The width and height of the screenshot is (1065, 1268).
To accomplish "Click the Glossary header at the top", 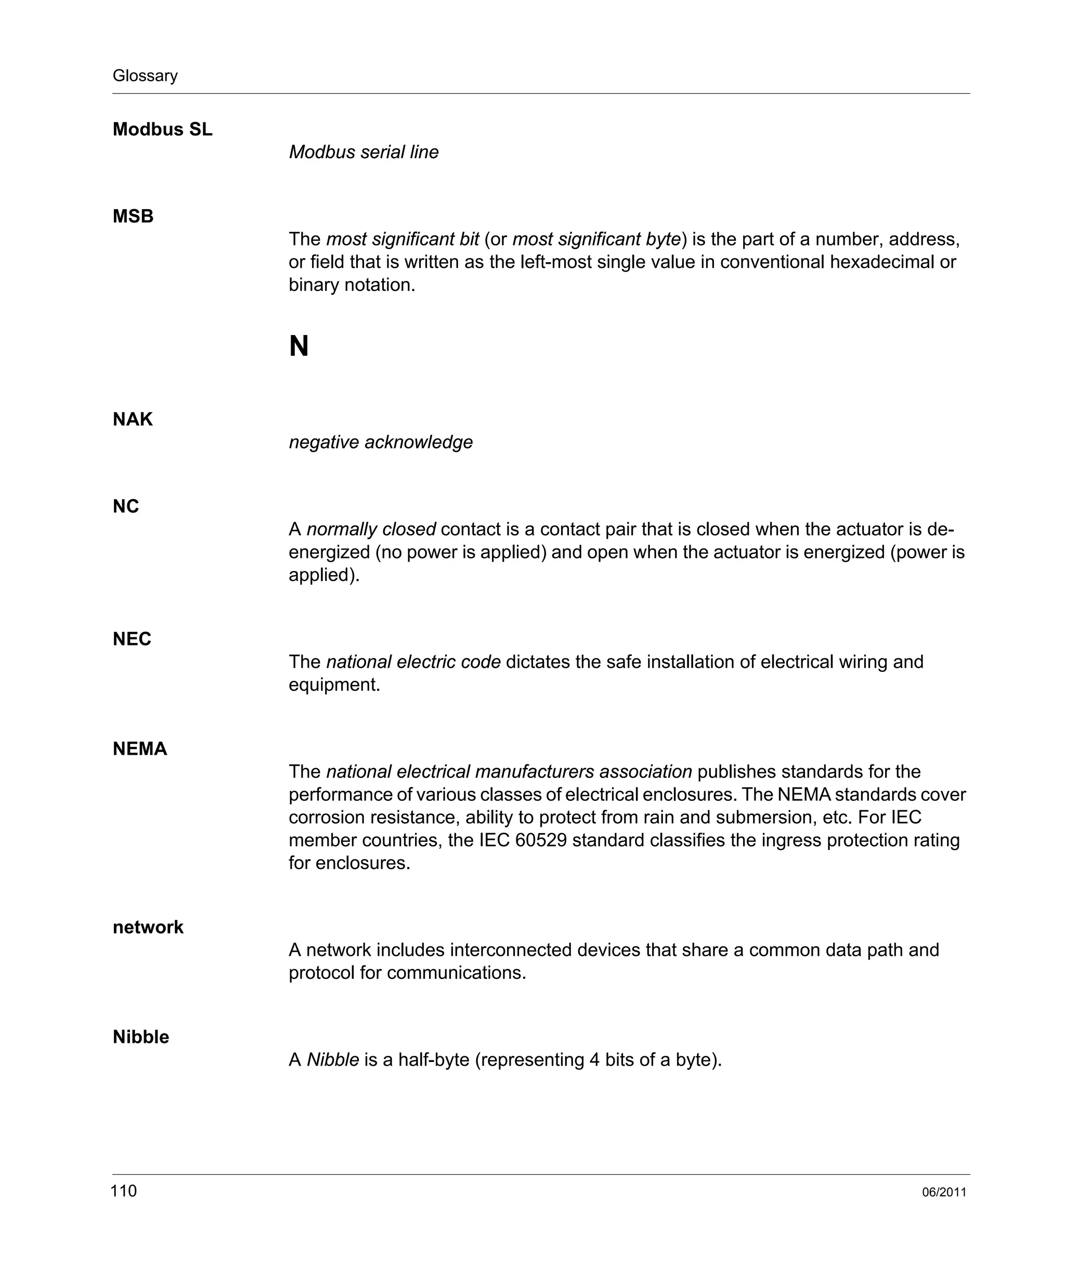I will tap(145, 75).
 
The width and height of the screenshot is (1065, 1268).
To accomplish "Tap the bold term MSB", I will tap(133, 216).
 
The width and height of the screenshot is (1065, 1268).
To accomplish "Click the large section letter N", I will tap(299, 346).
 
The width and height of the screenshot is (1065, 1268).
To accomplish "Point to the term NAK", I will tap(132, 419).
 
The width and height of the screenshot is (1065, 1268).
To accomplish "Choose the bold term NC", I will tap(125, 506).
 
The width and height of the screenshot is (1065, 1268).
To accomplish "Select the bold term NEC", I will tap(132, 639).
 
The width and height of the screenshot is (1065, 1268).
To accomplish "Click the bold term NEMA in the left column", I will tap(139, 749).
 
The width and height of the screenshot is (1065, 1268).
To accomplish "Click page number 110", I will tap(124, 1191).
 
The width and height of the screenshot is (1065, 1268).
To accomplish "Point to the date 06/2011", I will tap(944, 1193).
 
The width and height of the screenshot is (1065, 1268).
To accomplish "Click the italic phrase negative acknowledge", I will tap(380, 442).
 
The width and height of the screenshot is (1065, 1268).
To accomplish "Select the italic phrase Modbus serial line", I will tap(363, 152).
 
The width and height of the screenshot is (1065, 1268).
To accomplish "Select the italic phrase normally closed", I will tap(371, 529).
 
